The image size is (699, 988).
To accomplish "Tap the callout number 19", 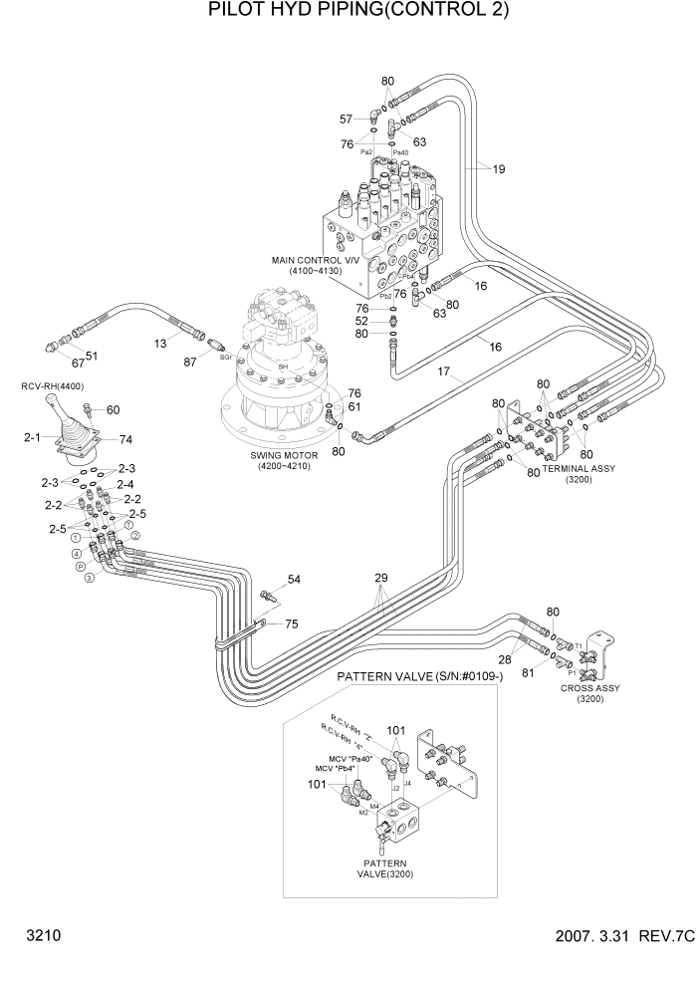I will pos(498,169).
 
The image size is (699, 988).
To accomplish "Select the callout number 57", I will pos(347,120).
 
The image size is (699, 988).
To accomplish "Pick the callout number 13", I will pos(159,343).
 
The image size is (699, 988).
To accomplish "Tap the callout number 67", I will pos(77,363).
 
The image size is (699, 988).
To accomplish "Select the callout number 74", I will pos(125,439).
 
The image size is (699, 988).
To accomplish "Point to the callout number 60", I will pos(113,409).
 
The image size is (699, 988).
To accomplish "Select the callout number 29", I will pos(380,578).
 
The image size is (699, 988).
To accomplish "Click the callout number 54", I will pos(294,580).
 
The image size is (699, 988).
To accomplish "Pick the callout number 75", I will pos(292,624).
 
